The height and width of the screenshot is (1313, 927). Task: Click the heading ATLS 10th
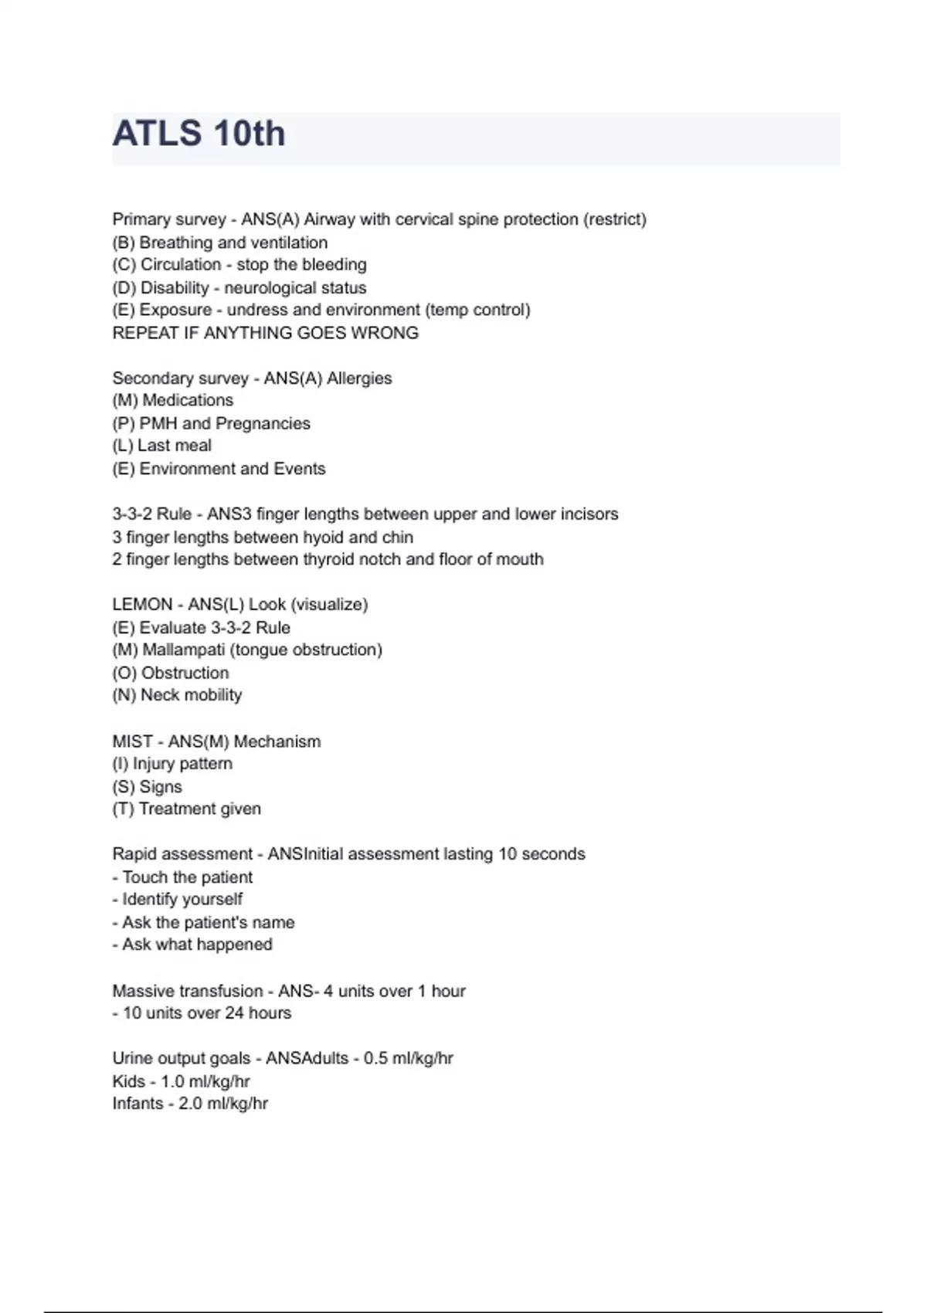(199, 134)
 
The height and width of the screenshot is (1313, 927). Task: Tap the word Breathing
(175, 243)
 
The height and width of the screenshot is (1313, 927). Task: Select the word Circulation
(181, 265)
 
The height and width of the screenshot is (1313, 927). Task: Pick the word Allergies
(359, 378)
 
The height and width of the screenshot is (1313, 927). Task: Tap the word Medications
(188, 400)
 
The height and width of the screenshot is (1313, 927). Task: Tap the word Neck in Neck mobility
(160, 695)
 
